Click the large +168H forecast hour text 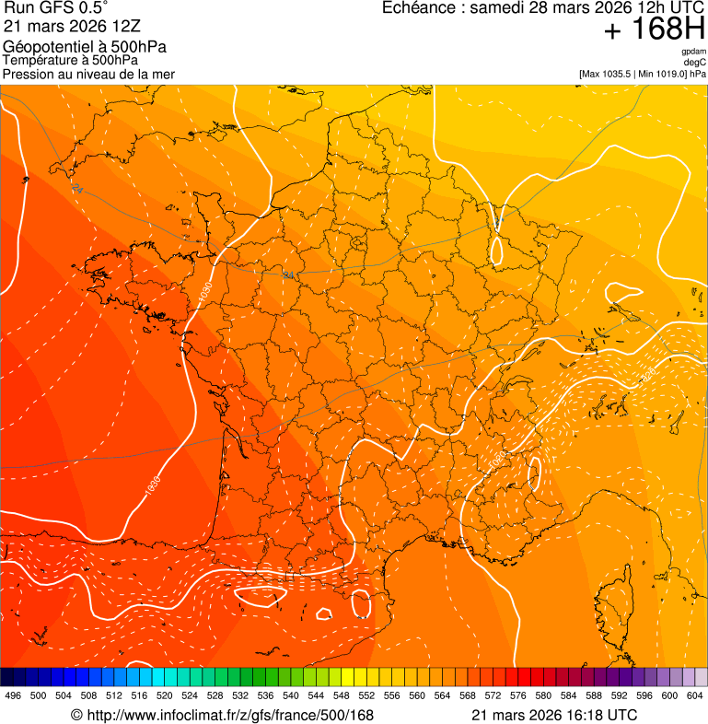(653, 30)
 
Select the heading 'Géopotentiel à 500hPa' (85, 46)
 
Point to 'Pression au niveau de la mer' (88, 74)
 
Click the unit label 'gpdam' (693, 52)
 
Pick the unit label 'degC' (695, 62)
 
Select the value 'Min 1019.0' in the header (664, 73)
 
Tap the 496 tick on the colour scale (13, 695)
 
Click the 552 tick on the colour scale (366, 695)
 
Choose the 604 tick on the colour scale (694, 695)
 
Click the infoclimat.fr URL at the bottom (230, 715)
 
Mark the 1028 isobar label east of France (648, 374)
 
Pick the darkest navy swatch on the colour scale (6, 677)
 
